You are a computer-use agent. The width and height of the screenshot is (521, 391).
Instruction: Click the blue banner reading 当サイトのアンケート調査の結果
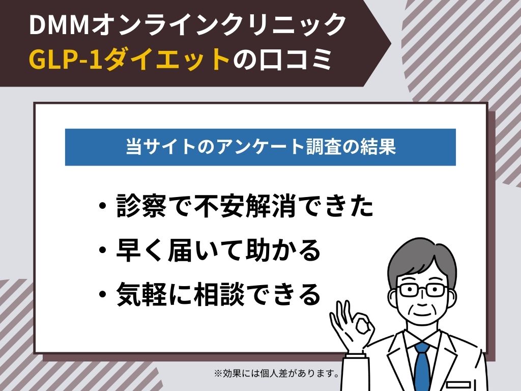[x=260, y=147]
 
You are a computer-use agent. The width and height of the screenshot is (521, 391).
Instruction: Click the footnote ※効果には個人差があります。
[x=277, y=374]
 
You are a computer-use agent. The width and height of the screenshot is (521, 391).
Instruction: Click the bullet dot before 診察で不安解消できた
[x=103, y=207]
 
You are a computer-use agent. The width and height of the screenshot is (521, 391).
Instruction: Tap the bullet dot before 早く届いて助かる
[x=103, y=251]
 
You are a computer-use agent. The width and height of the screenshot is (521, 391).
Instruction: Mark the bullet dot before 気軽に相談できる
[x=103, y=295]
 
